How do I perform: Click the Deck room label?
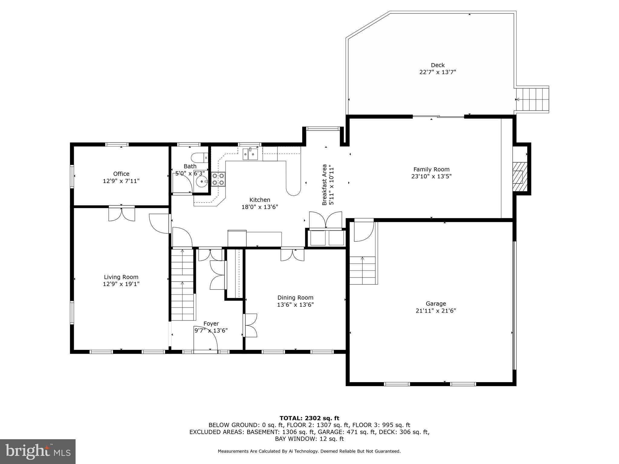(x=437, y=65)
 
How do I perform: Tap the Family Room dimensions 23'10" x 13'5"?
(x=431, y=176)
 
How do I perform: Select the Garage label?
(x=436, y=304)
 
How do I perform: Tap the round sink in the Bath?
(x=202, y=182)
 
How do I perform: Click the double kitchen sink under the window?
(x=250, y=154)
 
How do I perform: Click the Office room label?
(x=121, y=174)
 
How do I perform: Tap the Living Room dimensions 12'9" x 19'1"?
(x=121, y=284)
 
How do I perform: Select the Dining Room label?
(x=295, y=298)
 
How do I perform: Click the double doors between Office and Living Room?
(x=122, y=214)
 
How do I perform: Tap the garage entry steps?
(x=363, y=270)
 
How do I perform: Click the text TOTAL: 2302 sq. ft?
(x=309, y=418)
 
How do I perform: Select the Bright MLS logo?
(x=37, y=451)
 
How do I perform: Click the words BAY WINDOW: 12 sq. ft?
(x=309, y=439)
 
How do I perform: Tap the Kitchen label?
(x=260, y=200)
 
